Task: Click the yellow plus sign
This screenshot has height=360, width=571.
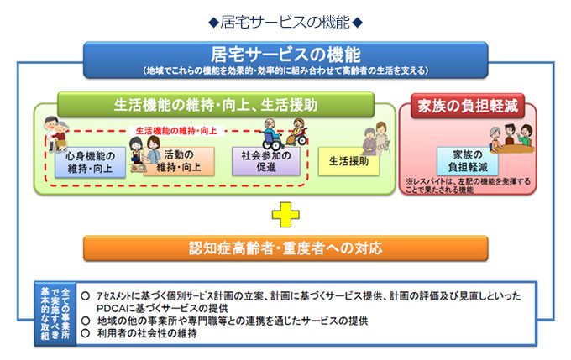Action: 285,215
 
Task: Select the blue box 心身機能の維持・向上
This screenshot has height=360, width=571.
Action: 91,162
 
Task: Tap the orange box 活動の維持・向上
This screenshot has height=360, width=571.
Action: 178,161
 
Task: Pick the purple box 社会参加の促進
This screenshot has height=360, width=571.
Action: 266,161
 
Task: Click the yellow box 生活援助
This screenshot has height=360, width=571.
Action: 348,161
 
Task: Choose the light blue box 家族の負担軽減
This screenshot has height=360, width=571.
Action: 468,161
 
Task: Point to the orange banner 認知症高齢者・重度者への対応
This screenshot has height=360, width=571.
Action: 285,248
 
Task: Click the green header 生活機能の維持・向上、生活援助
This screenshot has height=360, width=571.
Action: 216,105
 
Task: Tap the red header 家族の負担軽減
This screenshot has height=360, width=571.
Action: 468,106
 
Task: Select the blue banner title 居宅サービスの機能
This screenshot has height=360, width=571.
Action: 285,55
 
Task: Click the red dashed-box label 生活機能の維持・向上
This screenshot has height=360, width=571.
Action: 176,131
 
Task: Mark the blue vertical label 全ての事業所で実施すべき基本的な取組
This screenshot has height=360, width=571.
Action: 55,314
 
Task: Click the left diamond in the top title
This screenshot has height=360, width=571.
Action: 213,23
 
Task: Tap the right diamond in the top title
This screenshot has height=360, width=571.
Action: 358,23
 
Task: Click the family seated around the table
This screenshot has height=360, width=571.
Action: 511,138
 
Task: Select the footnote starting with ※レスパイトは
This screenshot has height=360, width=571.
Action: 468,185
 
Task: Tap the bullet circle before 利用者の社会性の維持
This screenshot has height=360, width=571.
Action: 86,332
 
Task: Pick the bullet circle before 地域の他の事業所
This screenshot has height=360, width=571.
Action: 86,321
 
